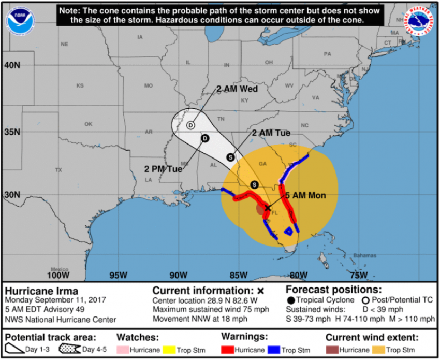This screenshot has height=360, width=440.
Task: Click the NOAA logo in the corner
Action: (x=19, y=21)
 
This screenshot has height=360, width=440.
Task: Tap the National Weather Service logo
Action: (x=422, y=21)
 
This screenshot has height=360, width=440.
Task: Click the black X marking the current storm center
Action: (x=268, y=207)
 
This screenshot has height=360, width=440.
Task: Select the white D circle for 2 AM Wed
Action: (x=190, y=125)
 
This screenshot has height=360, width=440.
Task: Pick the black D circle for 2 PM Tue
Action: (x=205, y=138)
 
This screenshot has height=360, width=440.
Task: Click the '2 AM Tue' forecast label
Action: (x=271, y=133)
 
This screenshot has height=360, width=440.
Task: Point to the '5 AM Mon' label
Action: (x=305, y=195)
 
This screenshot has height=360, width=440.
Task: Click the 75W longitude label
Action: (x=358, y=275)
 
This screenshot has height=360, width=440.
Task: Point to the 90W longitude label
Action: (x=179, y=275)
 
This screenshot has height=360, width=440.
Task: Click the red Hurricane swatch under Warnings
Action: (x=231, y=350)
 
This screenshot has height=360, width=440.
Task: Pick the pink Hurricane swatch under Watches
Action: (x=126, y=350)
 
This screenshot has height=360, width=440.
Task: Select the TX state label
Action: (x=58, y=170)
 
